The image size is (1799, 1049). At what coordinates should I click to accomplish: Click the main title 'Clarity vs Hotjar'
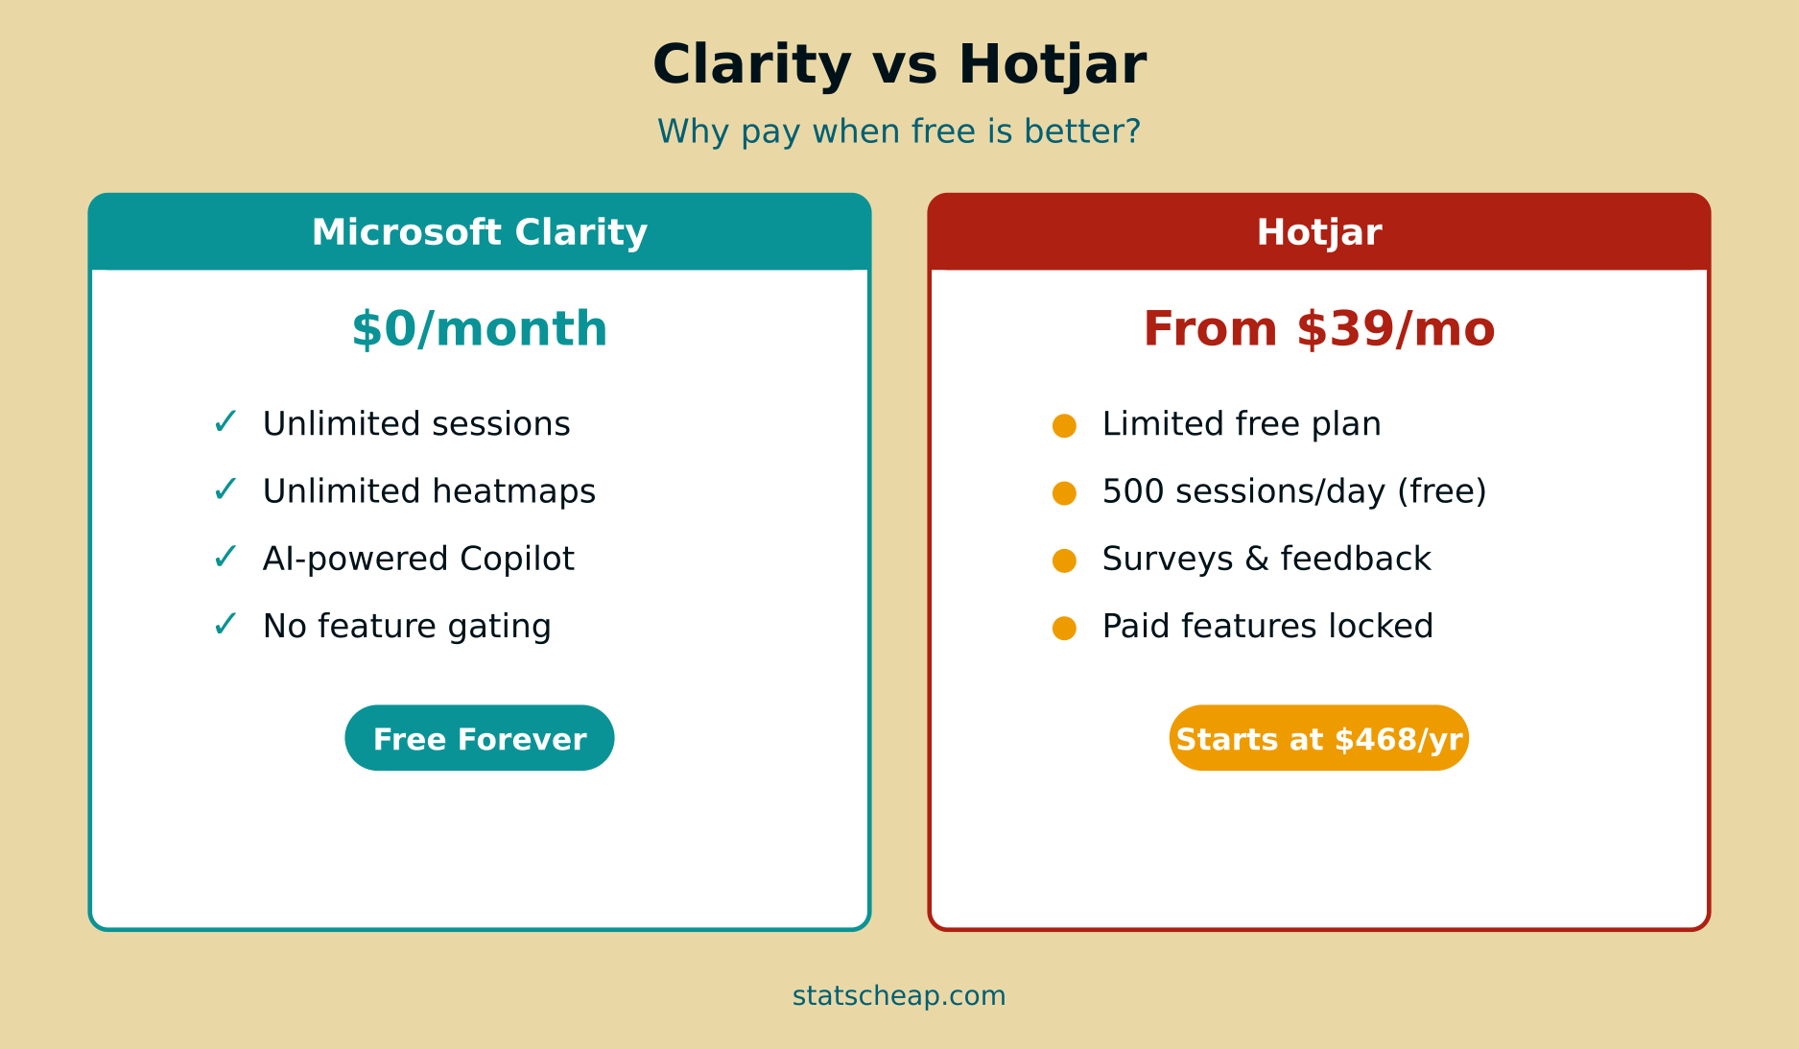point(899,65)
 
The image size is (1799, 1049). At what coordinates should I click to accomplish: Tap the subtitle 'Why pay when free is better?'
point(899,131)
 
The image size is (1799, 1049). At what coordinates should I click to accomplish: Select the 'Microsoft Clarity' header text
point(480,232)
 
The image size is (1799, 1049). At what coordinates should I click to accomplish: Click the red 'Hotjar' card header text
point(1319,232)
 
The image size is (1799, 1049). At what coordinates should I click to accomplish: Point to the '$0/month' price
point(480,329)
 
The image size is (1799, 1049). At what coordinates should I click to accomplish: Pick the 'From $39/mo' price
point(1319,329)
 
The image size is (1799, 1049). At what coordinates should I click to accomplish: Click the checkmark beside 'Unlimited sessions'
point(225,422)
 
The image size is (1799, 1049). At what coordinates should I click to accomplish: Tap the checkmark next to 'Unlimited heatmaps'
point(225,489)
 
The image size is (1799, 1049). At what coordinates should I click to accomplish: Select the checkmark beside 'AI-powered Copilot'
point(225,557)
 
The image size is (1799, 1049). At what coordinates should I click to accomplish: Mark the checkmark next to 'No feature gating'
point(225,625)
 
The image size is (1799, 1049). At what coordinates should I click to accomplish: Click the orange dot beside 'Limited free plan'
point(1064,425)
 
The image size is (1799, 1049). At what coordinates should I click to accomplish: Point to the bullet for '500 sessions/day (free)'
point(1064,492)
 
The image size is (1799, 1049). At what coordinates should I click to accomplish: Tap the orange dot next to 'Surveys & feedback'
point(1064,560)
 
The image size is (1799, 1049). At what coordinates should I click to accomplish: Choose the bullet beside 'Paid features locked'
point(1064,628)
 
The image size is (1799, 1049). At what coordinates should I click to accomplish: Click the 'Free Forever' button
point(480,738)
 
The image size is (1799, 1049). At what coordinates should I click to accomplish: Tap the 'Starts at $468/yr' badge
point(1319,738)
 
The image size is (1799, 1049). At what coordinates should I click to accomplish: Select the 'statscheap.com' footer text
point(899,996)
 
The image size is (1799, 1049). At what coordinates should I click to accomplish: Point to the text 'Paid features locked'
point(1267,626)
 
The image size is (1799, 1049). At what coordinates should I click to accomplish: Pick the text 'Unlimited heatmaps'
point(429,491)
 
